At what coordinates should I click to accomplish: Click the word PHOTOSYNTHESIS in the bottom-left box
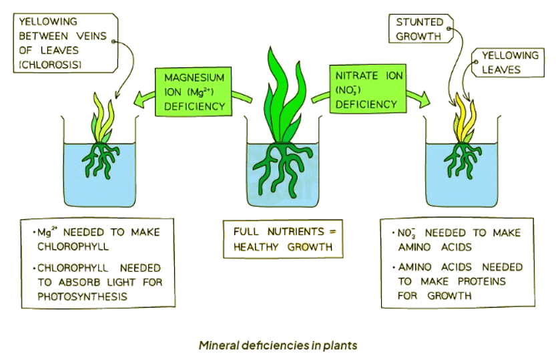pos(77,295)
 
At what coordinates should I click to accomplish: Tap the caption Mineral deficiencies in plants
pos(278,345)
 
